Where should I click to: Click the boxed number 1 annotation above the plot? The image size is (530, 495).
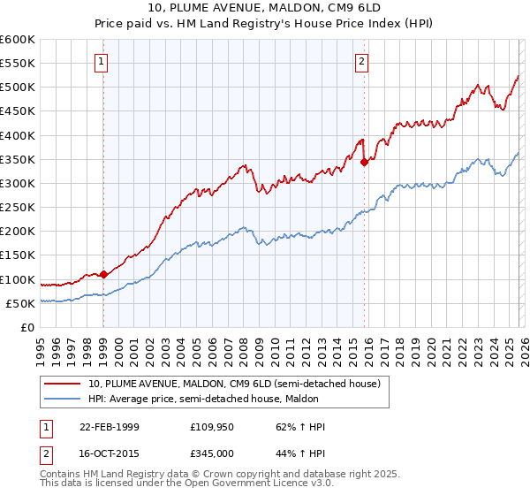click(x=102, y=62)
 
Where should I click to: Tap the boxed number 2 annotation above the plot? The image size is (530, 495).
click(x=362, y=62)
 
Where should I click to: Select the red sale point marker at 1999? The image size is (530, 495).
click(x=104, y=274)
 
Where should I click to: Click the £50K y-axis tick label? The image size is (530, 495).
click(x=20, y=303)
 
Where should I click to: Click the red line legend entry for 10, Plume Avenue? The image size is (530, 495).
click(x=234, y=384)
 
